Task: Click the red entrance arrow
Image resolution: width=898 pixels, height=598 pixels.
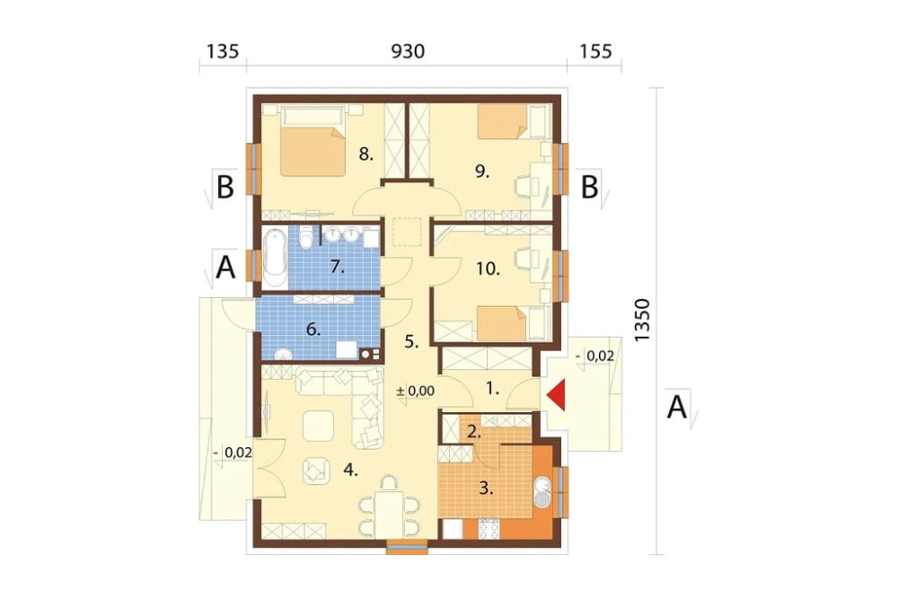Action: click(x=557, y=394)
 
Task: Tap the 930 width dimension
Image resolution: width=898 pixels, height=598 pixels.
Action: click(x=408, y=51)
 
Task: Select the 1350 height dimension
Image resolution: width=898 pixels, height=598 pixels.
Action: click(x=643, y=321)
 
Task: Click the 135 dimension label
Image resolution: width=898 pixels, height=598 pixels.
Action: click(x=222, y=51)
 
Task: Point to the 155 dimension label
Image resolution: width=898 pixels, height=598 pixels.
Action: click(x=595, y=51)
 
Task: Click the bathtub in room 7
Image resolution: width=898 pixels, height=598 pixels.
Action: click(x=275, y=259)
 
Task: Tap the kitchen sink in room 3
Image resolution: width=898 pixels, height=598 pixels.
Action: click(x=542, y=492)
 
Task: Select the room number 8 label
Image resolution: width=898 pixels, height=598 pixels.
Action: click(x=366, y=154)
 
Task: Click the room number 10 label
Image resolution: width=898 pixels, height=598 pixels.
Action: click(x=488, y=268)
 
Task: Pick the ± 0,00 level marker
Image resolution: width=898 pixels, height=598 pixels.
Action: click(x=416, y=391)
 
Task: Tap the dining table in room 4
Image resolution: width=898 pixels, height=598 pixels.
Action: click(x=389, y=514)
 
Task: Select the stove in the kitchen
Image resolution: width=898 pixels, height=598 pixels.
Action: click(x=489, y=529)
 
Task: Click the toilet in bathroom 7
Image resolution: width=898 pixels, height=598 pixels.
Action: click(x=307, y=238)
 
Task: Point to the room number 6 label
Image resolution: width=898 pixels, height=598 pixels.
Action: click(x=313, y=330)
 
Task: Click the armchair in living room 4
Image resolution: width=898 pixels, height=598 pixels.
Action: click(x=316, y=470)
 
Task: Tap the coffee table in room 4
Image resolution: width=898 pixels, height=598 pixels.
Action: click(x=319, y=426)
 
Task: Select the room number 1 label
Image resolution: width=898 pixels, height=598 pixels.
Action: click(x=492, y=389)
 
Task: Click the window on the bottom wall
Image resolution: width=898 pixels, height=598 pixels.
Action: click(x=407, y=549)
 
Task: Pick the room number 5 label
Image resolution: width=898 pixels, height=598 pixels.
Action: click(x=412, y=342)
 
